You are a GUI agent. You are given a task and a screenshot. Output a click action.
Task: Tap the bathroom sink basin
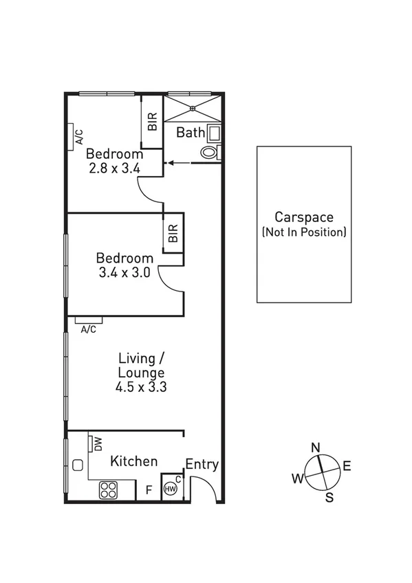[x=214, y=133]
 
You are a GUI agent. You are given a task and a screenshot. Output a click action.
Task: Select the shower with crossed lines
[x=193, y=108]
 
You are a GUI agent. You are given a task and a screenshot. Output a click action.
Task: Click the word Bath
[x=191, y=133]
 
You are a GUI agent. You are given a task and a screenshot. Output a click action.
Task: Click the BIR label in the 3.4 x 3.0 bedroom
[x=173, y=234]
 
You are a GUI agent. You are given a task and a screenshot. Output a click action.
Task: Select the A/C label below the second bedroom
[x=88, y=329]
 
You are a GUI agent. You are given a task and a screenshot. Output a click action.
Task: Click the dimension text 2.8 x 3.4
[x=114, y=166]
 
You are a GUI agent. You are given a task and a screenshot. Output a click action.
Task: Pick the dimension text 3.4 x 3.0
[x=124, y=272]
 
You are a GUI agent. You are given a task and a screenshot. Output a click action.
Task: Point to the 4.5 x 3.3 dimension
[x=142, y=387]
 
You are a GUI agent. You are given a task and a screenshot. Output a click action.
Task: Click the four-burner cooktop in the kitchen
[x=109, y=489]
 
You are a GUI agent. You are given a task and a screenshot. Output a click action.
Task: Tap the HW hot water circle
[x=171, y=489]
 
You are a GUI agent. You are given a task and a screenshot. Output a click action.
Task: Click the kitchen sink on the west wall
[x=77, y=465]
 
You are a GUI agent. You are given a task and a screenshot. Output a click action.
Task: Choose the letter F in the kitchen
[x=148, y=490]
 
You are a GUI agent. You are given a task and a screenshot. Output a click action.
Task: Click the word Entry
[x=202, y=465]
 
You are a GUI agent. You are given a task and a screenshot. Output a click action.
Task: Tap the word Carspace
[x=303, y=217]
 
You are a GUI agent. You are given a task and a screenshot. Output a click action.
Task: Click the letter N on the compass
[x=316, y=448]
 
